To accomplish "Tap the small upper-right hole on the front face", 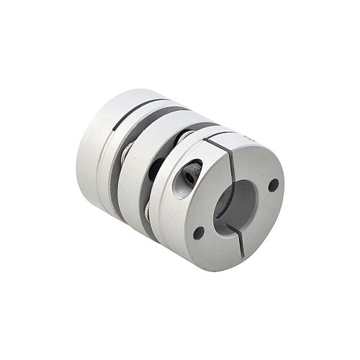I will click(273, 185).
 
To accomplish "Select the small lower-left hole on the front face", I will click(198, 232).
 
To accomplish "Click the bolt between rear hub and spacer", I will click(125, 152).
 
